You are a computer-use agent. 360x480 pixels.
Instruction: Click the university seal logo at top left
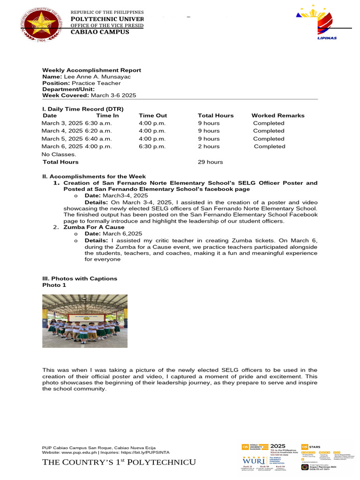tap(39, 25)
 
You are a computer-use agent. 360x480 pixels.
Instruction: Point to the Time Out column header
tap(153, 115)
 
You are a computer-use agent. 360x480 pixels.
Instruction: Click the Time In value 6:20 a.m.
tap(98, 131)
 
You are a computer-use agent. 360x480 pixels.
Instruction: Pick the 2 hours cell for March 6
tap(209, 146)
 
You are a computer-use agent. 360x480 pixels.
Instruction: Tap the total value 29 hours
tap(210, 162)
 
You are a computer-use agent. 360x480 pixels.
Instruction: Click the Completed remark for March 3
tap(269, 123)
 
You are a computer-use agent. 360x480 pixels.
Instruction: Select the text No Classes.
tap(59, 154)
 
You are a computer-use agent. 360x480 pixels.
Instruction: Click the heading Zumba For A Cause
tap(94, 227)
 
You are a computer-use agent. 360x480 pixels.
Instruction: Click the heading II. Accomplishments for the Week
tap(94, 176)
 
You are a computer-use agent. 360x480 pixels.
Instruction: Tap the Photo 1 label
tap(54, 285)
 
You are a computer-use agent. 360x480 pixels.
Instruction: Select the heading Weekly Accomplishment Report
tap(91, 70)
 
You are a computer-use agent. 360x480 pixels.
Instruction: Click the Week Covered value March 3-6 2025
tap(113, 95)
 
